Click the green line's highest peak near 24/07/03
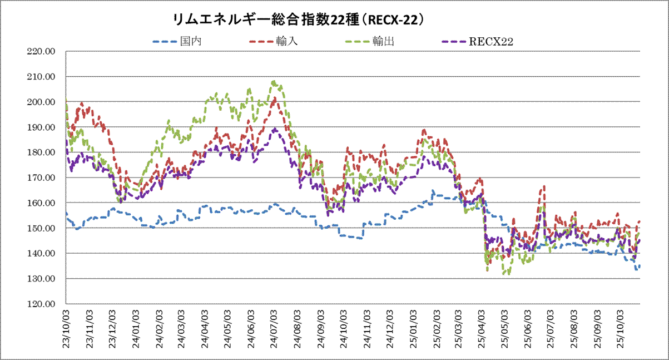pyautogui.click(x=273, y=82)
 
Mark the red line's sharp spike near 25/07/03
pyautogui.click(x=543, y=186)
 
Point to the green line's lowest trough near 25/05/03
pyautogui.click(x=504, y=274)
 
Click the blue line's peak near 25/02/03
pyautogui.click(x=433, y=191)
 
